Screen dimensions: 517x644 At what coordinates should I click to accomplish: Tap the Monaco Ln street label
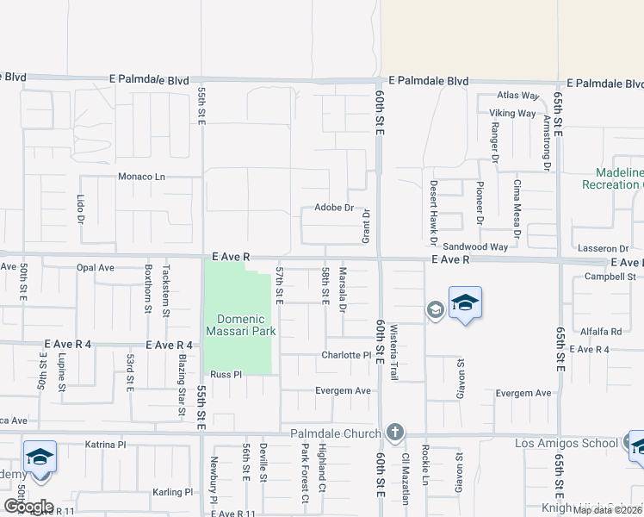pyautogui.click(x=141, y=177)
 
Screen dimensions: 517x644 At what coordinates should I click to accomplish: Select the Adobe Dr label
pyautogui.click(x=334, y=208)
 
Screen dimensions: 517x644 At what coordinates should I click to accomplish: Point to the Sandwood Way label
pyautogui.click(x=475, y=247)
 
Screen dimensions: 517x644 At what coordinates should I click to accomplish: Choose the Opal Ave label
pyautogui.click(x=95, y=268)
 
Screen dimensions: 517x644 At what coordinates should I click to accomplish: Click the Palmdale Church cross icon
pyautogui.click(x=394, y=431)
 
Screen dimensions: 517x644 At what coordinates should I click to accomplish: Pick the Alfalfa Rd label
pyautogui.click(x=601, y=331)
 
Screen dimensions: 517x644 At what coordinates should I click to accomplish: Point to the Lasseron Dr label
pyautogui.click(x=604, y=248)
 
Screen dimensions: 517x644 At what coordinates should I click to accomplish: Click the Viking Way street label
pyautogui.click(x=513, y=113)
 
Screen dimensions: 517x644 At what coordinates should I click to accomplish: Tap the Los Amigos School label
pyautogui.click(x=565, y=443)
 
